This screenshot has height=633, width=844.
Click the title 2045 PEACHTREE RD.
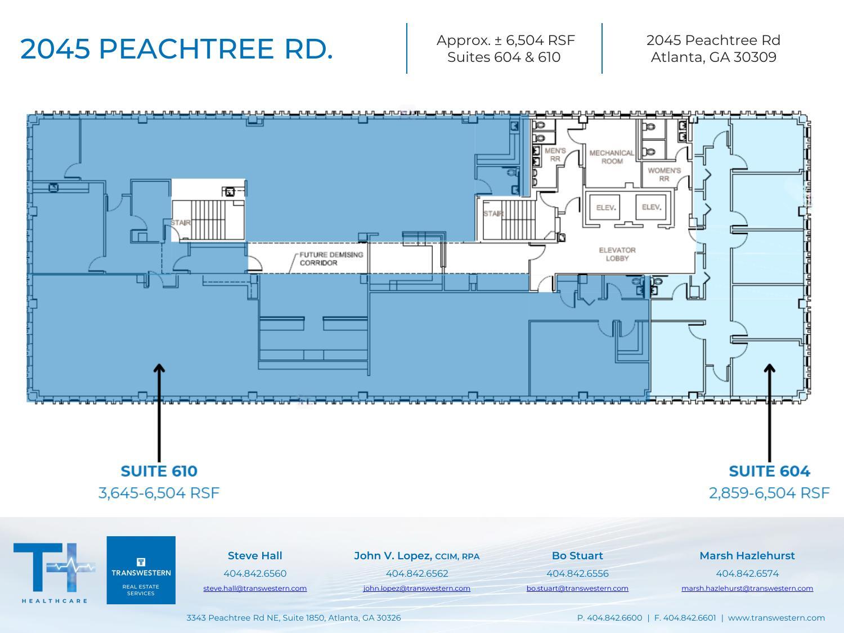click(177, 49)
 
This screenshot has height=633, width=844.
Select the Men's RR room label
click(555, 155)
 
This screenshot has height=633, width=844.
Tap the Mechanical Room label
click(612, 156)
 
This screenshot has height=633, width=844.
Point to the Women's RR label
click(664, 174)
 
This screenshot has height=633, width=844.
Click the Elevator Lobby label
click(617, 254)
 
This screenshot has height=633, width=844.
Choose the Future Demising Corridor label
click(331, 259)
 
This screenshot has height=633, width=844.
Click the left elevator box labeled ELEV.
click(606, 208)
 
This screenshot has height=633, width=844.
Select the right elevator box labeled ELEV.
click(651, 207)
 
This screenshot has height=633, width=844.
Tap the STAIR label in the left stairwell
click(181, 223)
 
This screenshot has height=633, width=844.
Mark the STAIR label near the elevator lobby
click(493, 214)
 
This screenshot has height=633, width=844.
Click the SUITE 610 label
click(159, 471)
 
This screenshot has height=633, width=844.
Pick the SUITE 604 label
click(769, 471)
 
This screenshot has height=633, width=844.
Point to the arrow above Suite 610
click(159, 411)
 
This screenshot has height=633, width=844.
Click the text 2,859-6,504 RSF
click(769, 493)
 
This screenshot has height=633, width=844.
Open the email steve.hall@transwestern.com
click(255, 589)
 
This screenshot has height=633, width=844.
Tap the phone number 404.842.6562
click(417, 573)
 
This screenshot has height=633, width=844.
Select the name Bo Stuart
click(577, 555)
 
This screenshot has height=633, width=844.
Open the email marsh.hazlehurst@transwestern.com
click(747, 589)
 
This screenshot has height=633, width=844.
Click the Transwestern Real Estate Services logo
click(141, 570)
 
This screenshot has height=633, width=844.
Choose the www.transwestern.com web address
click(776, 618)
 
